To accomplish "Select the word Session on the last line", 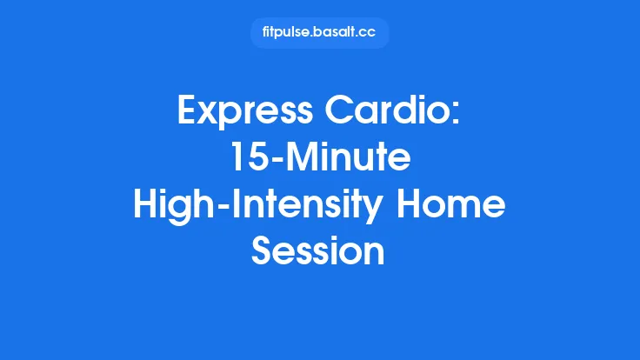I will tap(319, 252).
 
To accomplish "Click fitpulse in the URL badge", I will tap(286, 33).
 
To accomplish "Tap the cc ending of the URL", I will tap(370, 33).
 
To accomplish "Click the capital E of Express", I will tap(188, 111).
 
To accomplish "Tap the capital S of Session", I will tap(263, 252).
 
